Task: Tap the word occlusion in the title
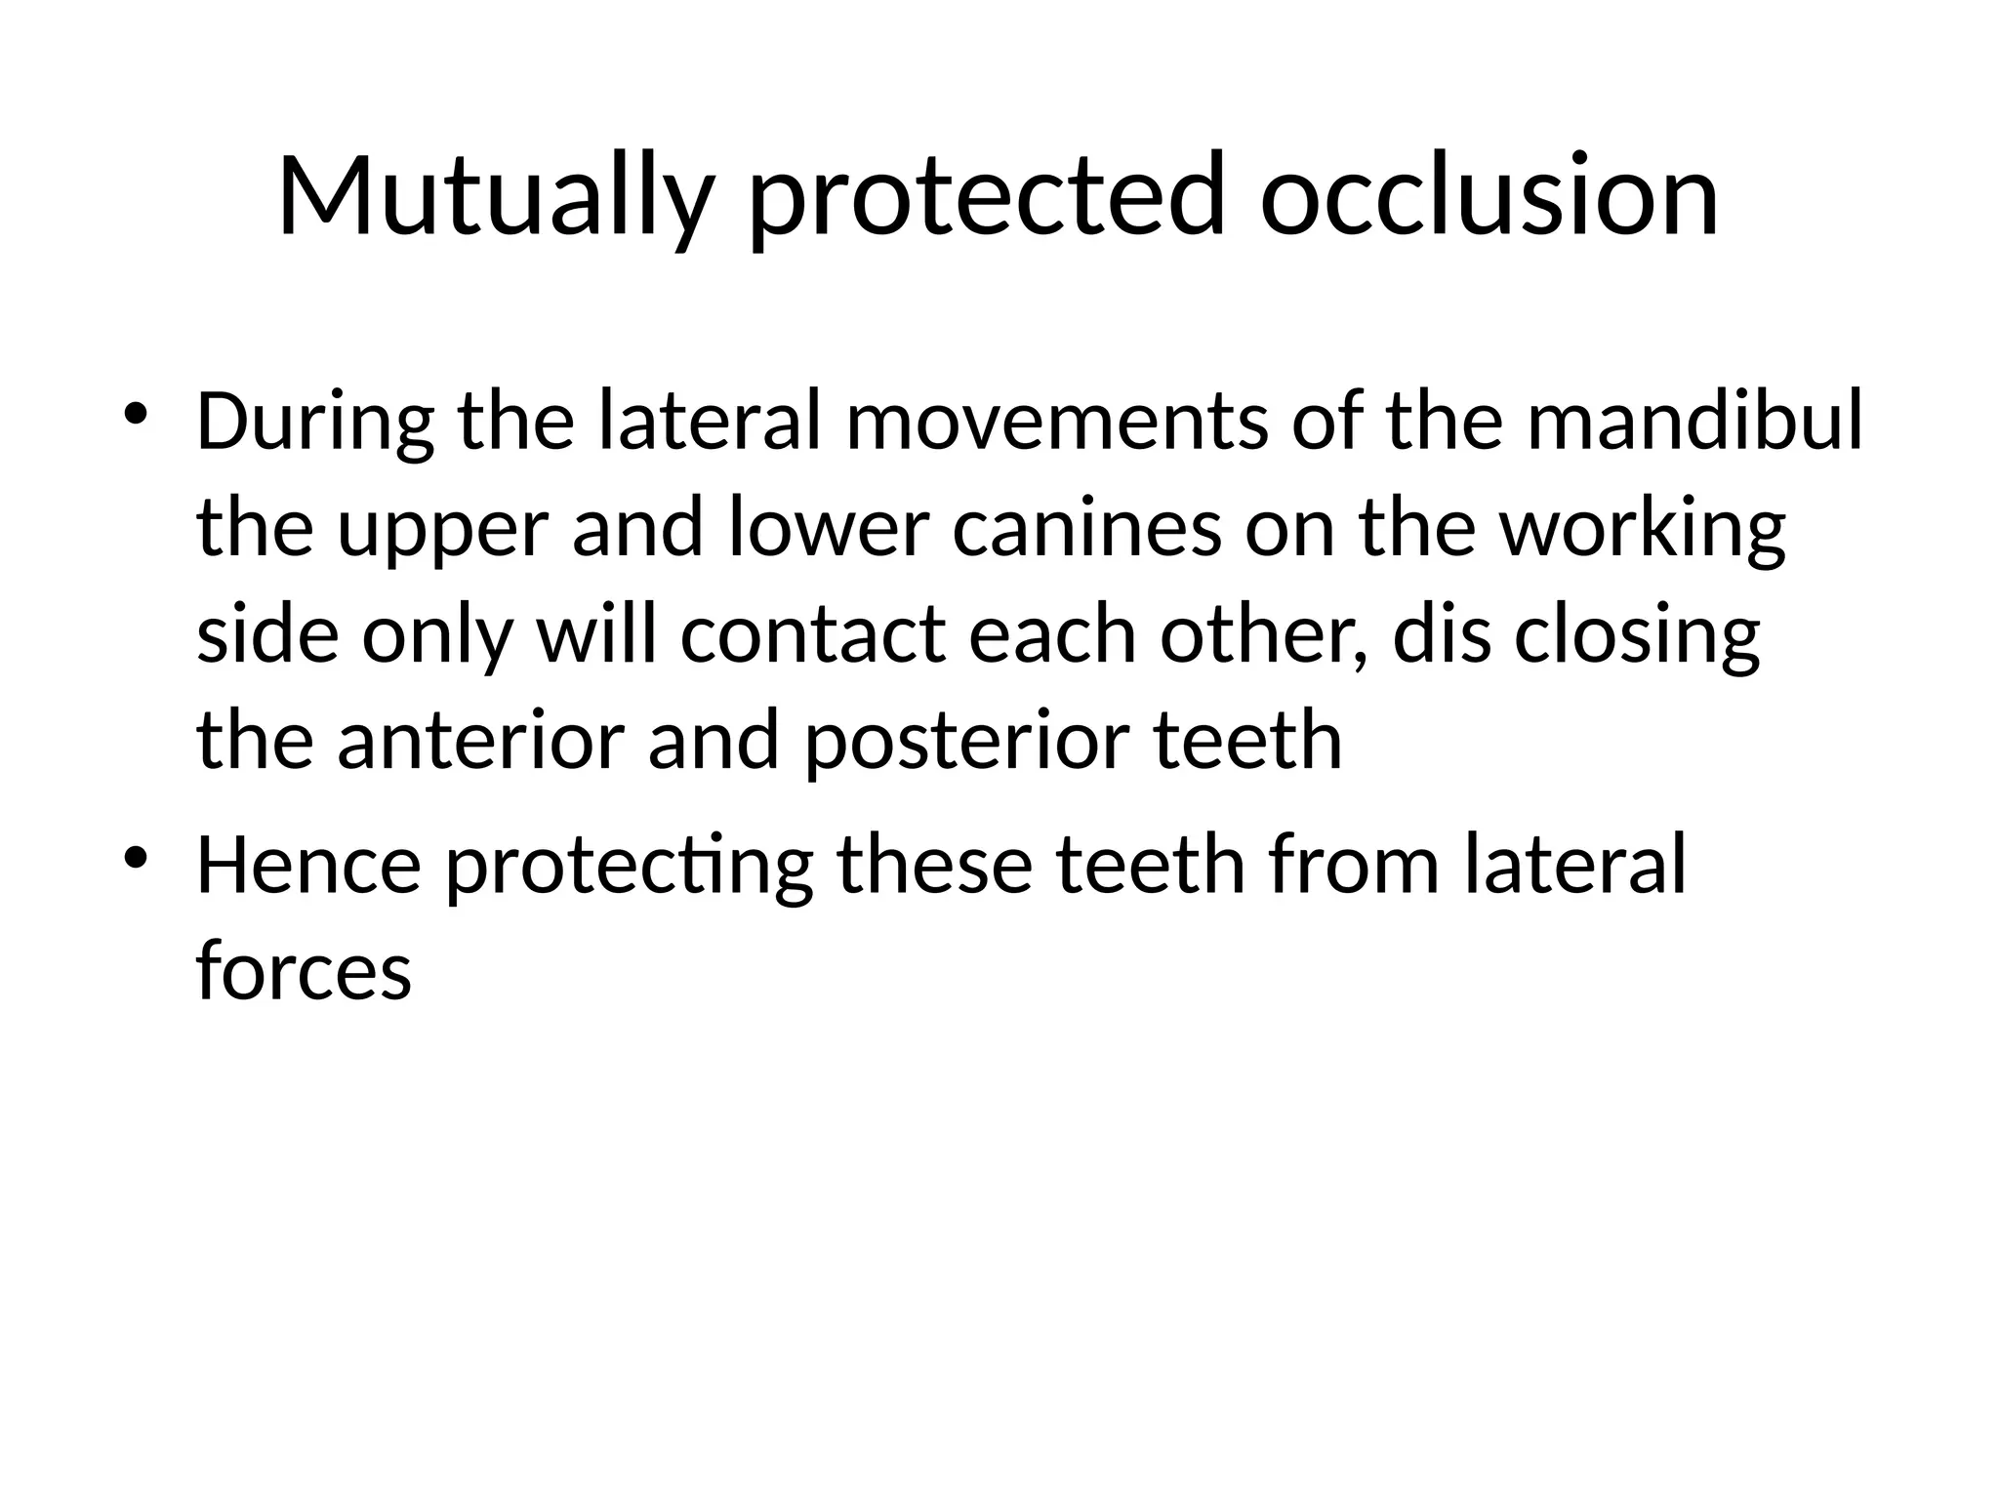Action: tap(1489, 197)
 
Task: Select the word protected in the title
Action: tap(985, 197)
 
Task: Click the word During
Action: tap(315, 424)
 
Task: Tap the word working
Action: tap(1643, 530)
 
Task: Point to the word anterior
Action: tap(480, 741)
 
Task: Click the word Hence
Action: tap(309, 866)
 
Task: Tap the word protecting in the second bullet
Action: tap(630, 866)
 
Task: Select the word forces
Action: tap(304, 971)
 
